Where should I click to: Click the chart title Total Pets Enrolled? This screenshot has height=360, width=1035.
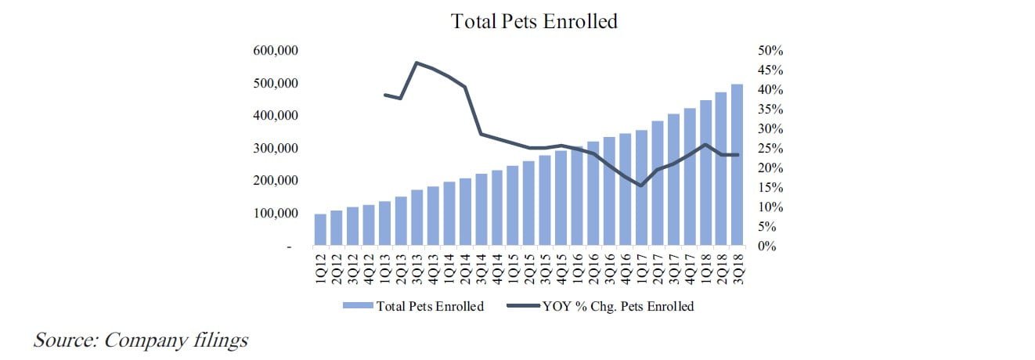[534, 21]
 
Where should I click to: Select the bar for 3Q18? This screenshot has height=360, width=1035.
[737, 165]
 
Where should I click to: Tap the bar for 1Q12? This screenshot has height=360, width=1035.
[320, 230]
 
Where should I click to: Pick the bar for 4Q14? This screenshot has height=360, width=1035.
[497, 208]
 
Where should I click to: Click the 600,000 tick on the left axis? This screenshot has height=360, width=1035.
[275, 51]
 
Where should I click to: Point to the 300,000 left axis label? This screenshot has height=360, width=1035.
[275, 149]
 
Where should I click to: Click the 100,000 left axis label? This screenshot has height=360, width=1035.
[275, 214]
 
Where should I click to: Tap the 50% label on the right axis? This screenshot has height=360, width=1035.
[771, 51]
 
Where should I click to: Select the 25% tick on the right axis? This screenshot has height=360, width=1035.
[771, 149]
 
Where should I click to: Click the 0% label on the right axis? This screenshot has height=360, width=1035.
[768, 247]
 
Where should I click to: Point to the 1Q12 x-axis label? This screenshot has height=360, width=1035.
[320, 270]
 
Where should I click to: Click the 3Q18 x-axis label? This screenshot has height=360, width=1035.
[737, 270]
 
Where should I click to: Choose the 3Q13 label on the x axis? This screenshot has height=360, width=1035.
[417, 270]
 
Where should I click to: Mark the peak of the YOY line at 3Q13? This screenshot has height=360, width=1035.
[417, 63]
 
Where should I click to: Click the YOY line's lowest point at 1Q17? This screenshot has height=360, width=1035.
[641, 185]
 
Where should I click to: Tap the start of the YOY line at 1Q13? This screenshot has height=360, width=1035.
[384, 95]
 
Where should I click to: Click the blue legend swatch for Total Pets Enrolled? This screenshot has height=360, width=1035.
[358, 307]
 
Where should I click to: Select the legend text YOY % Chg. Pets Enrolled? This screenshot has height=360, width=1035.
[618, 307]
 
